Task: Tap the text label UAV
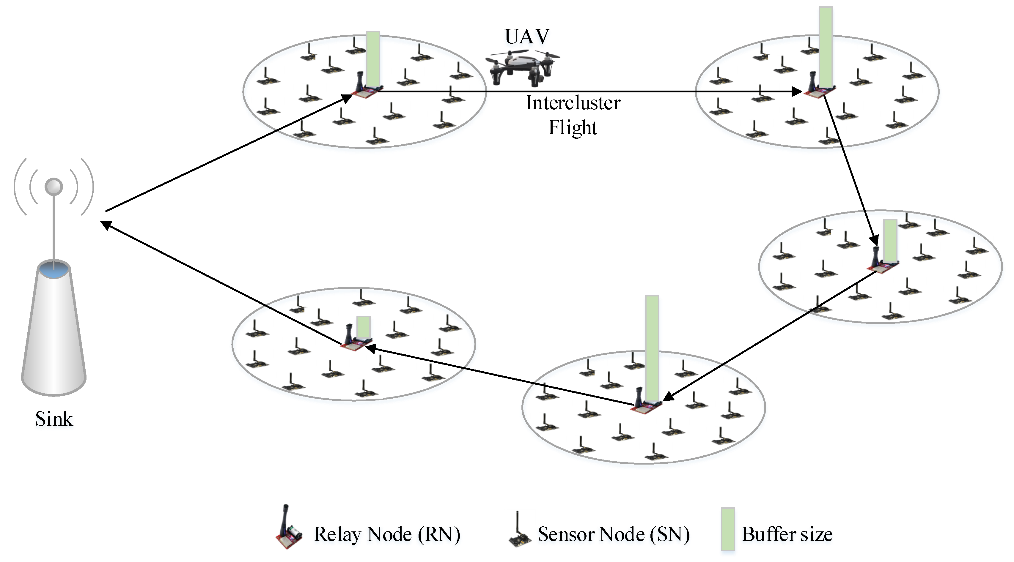527,37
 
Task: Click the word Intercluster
573,103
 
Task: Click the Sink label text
54,419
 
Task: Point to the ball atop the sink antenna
54,187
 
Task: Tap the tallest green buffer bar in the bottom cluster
652,348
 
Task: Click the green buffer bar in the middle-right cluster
890,240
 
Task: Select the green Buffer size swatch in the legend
727,529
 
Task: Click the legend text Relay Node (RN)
386,534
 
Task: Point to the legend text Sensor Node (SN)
613,534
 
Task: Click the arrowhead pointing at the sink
106,225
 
